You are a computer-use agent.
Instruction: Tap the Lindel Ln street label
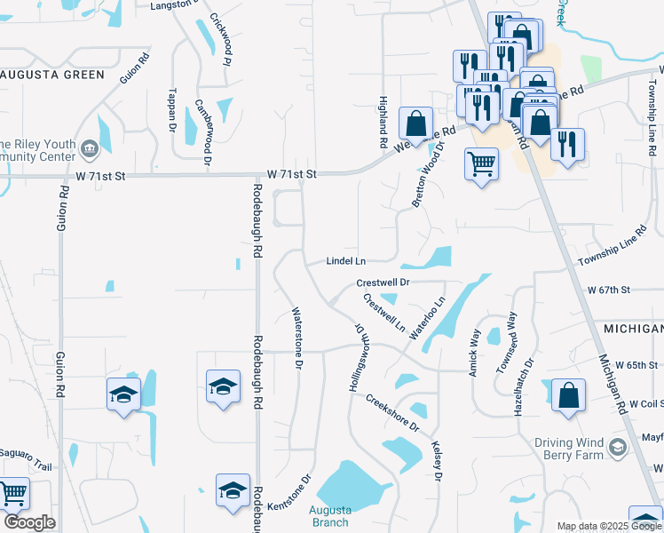pyautogui.click(x=346, y=261)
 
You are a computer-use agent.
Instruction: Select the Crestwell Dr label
pyautogui.click(x=383, y=282)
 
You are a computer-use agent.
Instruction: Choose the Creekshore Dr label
pyautogui.click(x=391, y=411)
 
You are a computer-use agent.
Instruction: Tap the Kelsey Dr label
pyautogui.click(x=437, y=461)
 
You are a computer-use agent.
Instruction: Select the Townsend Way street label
pyautogui.click(x=509, y=342)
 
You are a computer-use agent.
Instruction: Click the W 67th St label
pyautogui.click(x=608, y=290)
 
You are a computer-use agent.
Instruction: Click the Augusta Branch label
pyautogui.click(x=330, y=516)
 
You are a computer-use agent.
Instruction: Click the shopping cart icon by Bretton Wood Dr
pyautogui.click(x=481, y=163)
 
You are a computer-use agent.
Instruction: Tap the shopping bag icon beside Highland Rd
pyautogui.click(x=415, y=123)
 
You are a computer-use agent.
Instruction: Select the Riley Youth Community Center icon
pyautogui.click(x=89, y=147)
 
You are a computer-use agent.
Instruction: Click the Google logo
pyautogui.click(x=28, y=522)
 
